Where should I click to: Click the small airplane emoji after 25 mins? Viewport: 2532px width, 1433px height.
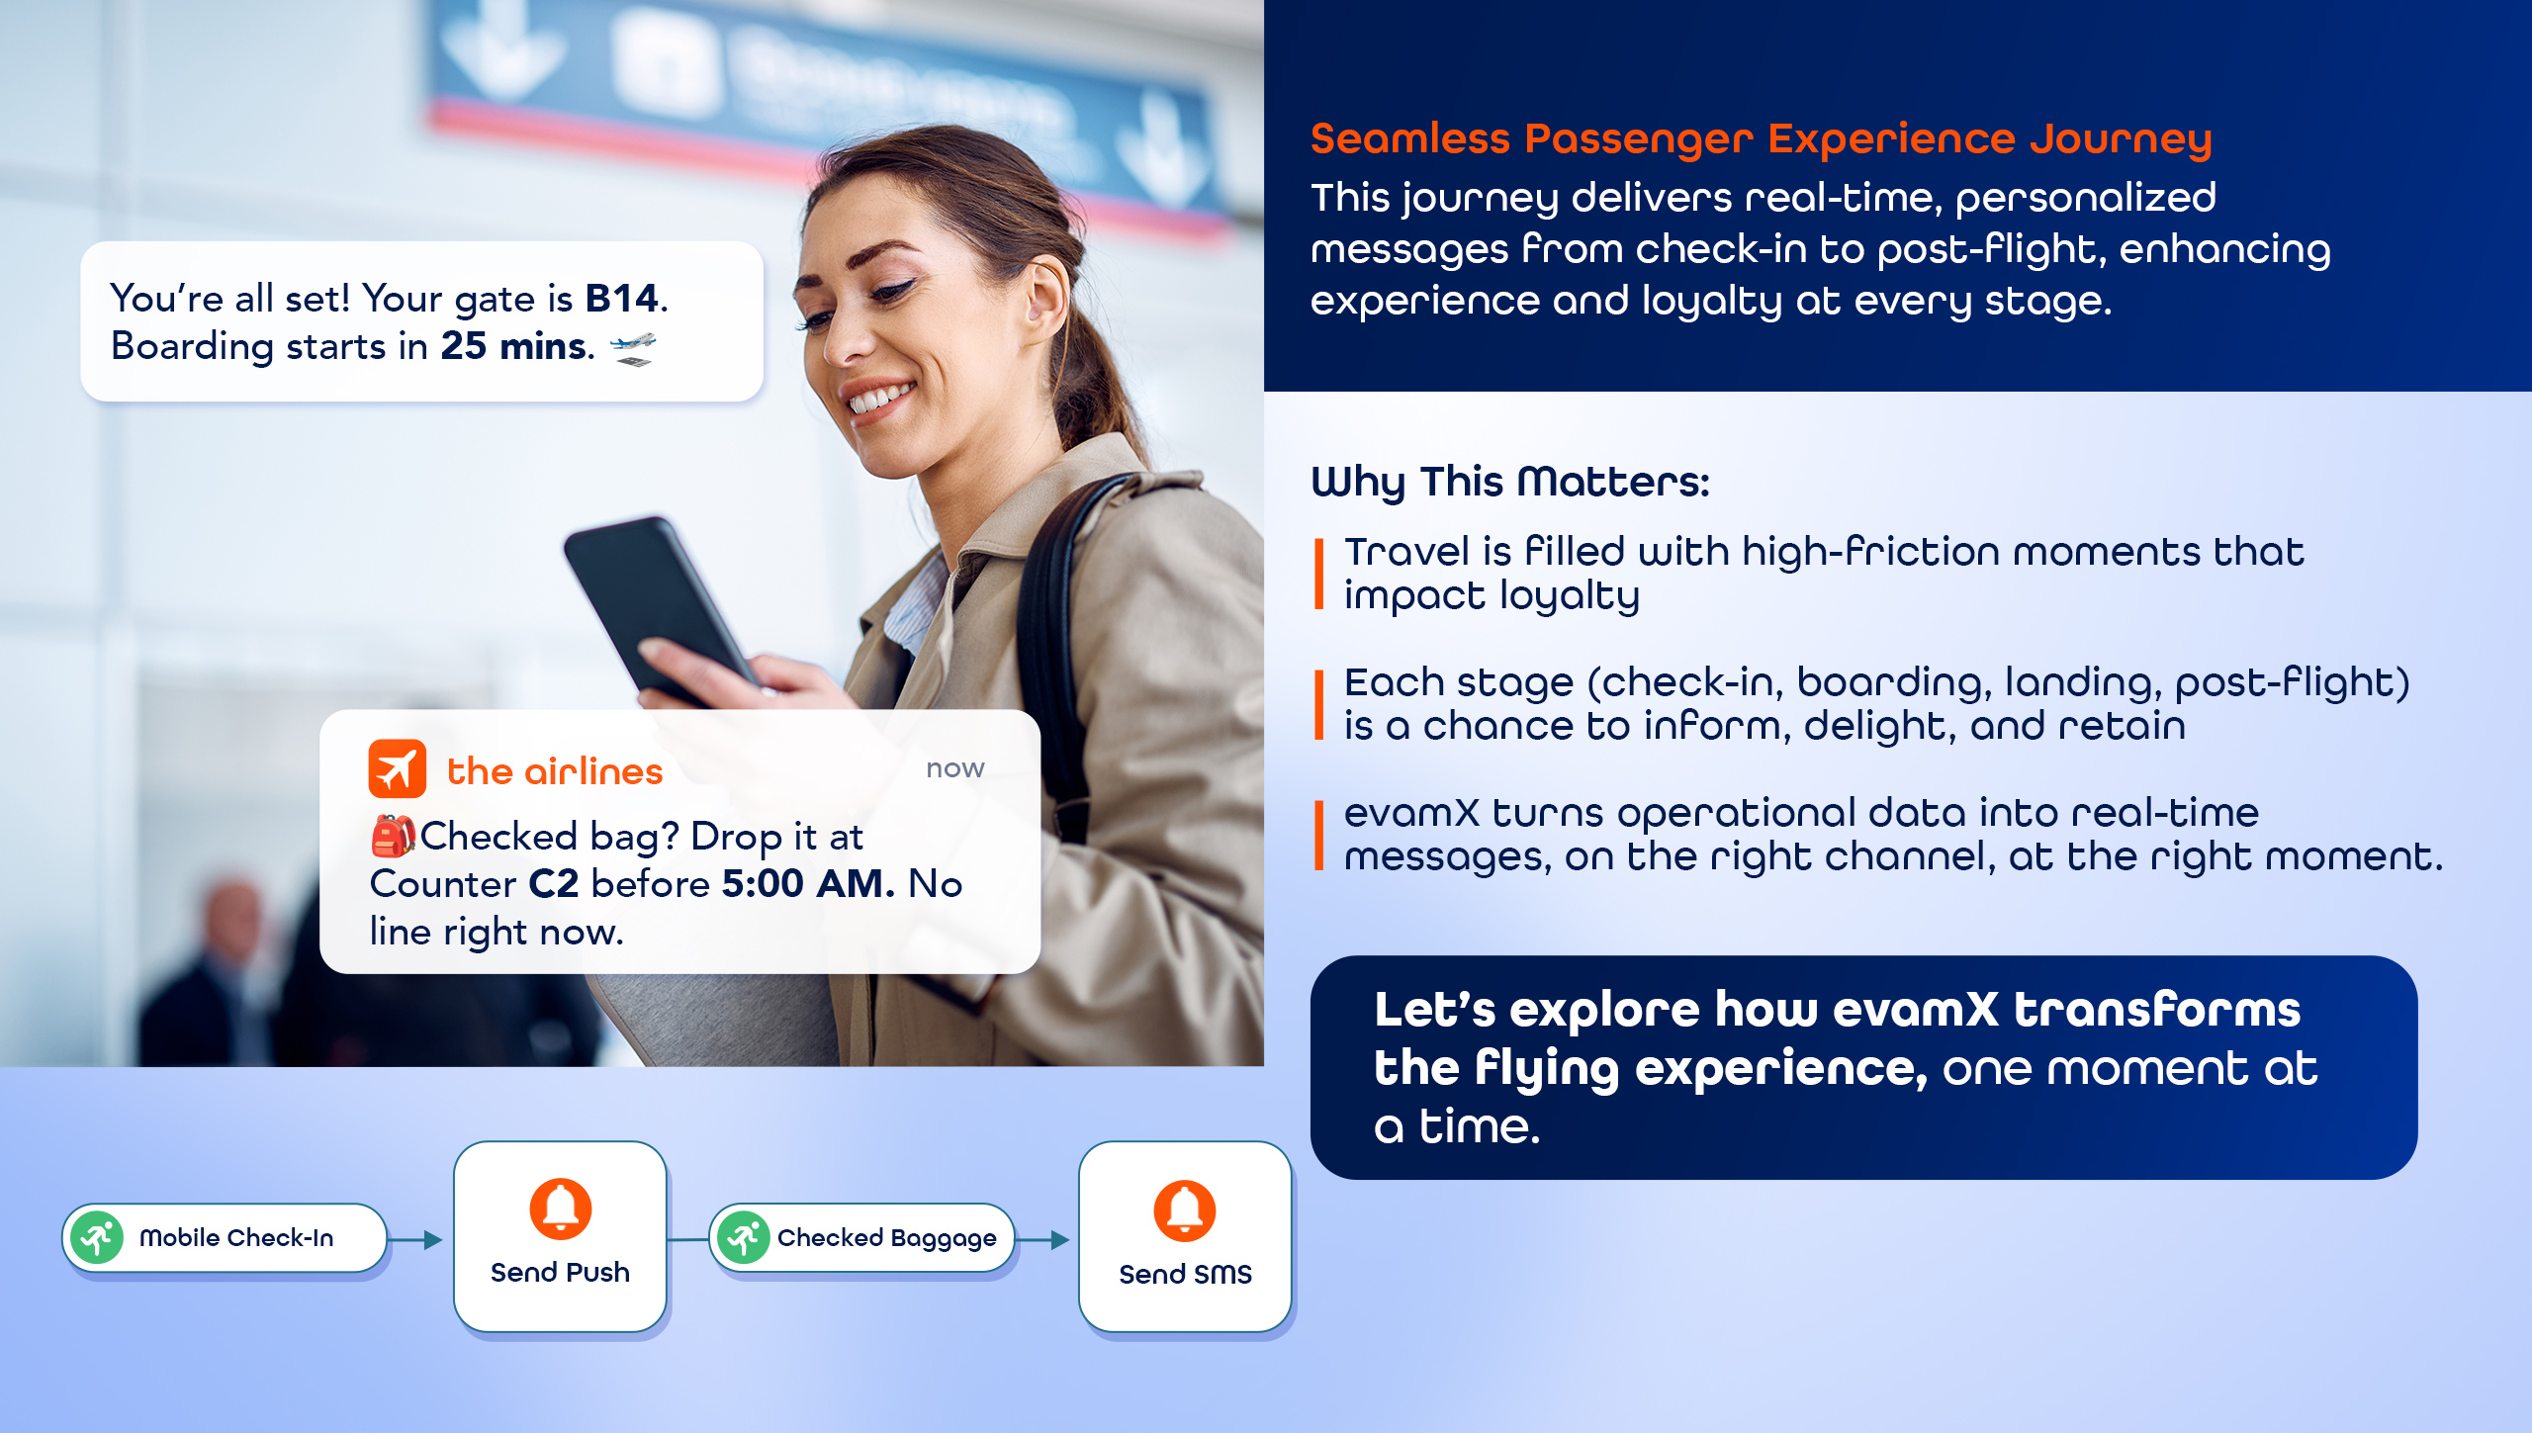pos(633,349)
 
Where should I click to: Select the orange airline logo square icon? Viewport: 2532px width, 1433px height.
pos(398,768)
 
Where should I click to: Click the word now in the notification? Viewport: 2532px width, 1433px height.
pos(955,768)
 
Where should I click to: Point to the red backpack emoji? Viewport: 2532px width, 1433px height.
pos(393,836)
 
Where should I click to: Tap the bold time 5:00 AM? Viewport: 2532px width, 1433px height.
pos(808,883)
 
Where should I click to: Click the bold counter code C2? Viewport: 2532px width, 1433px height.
pos(554,883)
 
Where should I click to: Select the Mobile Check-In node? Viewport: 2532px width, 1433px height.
pos(225,1237)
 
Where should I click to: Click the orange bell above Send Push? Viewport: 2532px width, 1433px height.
pos(561,1209)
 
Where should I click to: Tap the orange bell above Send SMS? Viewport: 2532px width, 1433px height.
pos(1185,1210)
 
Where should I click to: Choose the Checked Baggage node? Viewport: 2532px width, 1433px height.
pos(862,1237)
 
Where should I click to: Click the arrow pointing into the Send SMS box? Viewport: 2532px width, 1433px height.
pos(1043,1239)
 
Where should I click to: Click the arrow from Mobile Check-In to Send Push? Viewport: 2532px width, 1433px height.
pos(415,1239)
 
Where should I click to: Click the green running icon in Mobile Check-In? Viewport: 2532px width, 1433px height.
pos(98,1237)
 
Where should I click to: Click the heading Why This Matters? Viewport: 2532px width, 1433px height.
pos(1510,483)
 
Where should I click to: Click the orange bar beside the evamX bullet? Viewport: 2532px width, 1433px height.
pos(1318,836)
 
